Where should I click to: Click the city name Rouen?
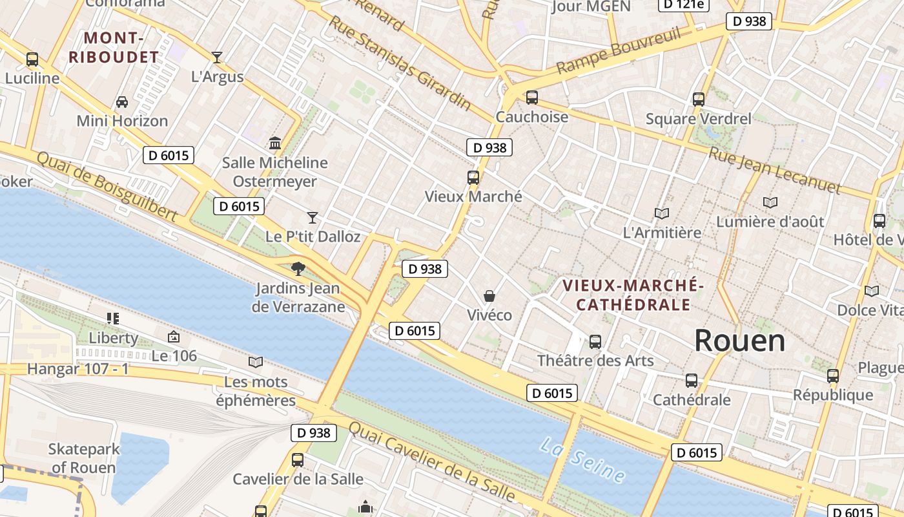point(739,341)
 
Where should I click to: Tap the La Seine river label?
point(582,460)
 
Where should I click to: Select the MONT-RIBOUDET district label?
point(114,47)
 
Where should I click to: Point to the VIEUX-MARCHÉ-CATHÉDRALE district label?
point(632,295)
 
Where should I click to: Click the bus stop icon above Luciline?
point(32,59)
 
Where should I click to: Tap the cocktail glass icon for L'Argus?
point(217,58)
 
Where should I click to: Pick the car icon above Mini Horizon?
point(121,101)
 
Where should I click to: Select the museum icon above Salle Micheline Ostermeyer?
point(275,142)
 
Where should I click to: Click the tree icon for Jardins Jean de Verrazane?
point(298,268)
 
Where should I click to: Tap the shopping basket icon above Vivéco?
point(489,296)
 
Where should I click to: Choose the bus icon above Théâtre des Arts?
point(595,341)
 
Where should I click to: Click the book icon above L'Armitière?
point(662,213)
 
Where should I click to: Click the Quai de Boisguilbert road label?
point(107,187)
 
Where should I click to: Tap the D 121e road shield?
point(684,5)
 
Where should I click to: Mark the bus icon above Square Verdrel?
point(699,100)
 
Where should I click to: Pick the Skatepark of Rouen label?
point(84,458)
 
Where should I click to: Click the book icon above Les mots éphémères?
point(256,363)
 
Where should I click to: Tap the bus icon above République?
point(833,375)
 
